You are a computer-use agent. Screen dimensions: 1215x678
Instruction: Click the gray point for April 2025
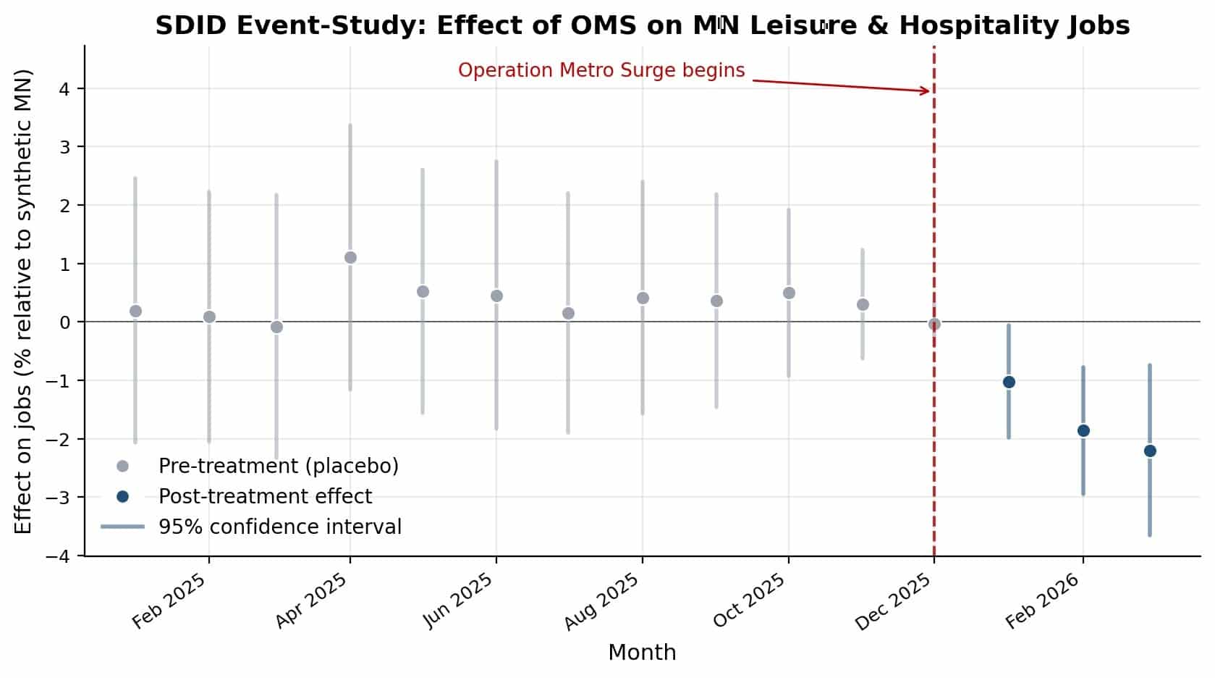[350, 257]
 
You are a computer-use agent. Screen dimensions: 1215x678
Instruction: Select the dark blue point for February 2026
[1083, 430]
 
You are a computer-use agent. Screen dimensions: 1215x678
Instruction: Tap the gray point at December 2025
[934, 324]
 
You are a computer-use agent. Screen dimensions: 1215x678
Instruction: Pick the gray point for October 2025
[789, 293]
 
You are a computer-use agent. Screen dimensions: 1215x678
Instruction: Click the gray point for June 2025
[496, 296]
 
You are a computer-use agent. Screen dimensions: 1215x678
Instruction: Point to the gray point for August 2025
[643, 298]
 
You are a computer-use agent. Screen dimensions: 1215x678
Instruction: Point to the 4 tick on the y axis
[64, 88]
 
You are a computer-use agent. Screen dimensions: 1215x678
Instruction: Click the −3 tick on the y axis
[57, 497]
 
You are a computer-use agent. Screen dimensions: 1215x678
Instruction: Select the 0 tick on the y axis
[64, 322]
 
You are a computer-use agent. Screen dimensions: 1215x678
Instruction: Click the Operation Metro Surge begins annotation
[601, 70]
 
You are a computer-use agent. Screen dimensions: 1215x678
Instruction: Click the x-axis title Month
[642, 653]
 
